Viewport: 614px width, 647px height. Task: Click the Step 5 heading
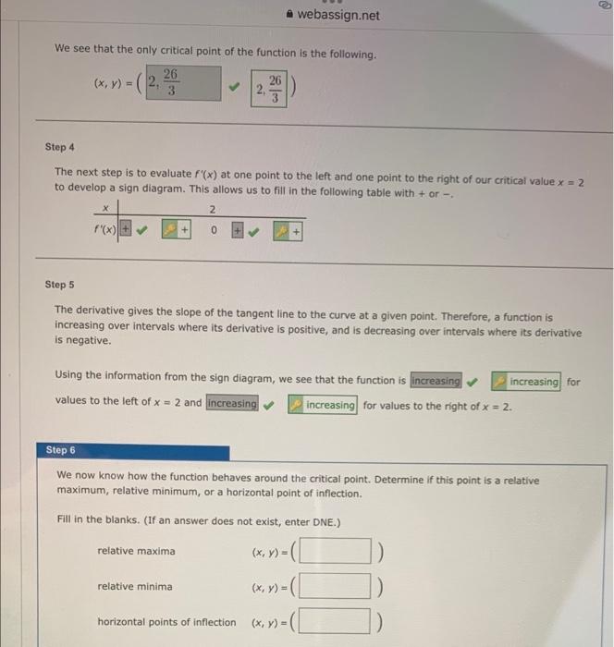[x=60, y=286]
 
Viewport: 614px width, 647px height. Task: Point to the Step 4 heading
[x=60, y=147]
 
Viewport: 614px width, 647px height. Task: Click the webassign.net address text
[x=338, y=16]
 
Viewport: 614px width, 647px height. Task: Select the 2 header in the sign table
[x=213, y=209]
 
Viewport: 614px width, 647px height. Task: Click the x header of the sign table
[x=105, y=209]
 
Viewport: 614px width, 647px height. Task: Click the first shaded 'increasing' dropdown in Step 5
[x=436, y=381]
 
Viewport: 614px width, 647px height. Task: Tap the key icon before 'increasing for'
[x=498, y=381]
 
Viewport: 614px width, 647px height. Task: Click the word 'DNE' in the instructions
[x=326, y=522]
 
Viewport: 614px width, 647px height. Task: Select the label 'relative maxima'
[x=136, y=552]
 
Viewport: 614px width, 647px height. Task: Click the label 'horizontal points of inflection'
[x=166, y=622]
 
